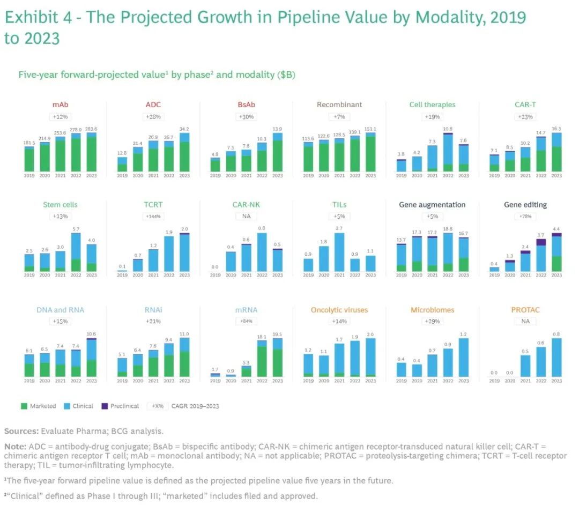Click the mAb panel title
[x=60, y=105]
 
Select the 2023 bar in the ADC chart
[x=184, y=152]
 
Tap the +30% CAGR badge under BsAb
[x=246, y=117]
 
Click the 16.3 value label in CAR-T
[x=556, y=129]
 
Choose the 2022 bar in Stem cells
[x=76, y=252]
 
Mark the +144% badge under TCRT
[x=153, y=217]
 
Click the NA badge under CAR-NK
[x=246, y=217]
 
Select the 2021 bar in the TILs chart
[x=339, y=252]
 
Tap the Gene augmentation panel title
[x=432, y=205]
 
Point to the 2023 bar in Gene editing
[x=556, y=252]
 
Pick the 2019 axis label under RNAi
[x=122, y=381]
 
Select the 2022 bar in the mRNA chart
[x=262, y=361]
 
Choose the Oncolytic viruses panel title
[x=339, y=310]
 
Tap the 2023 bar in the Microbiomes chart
[x=464, y=357]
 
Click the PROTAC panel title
[x=525, y=310]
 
